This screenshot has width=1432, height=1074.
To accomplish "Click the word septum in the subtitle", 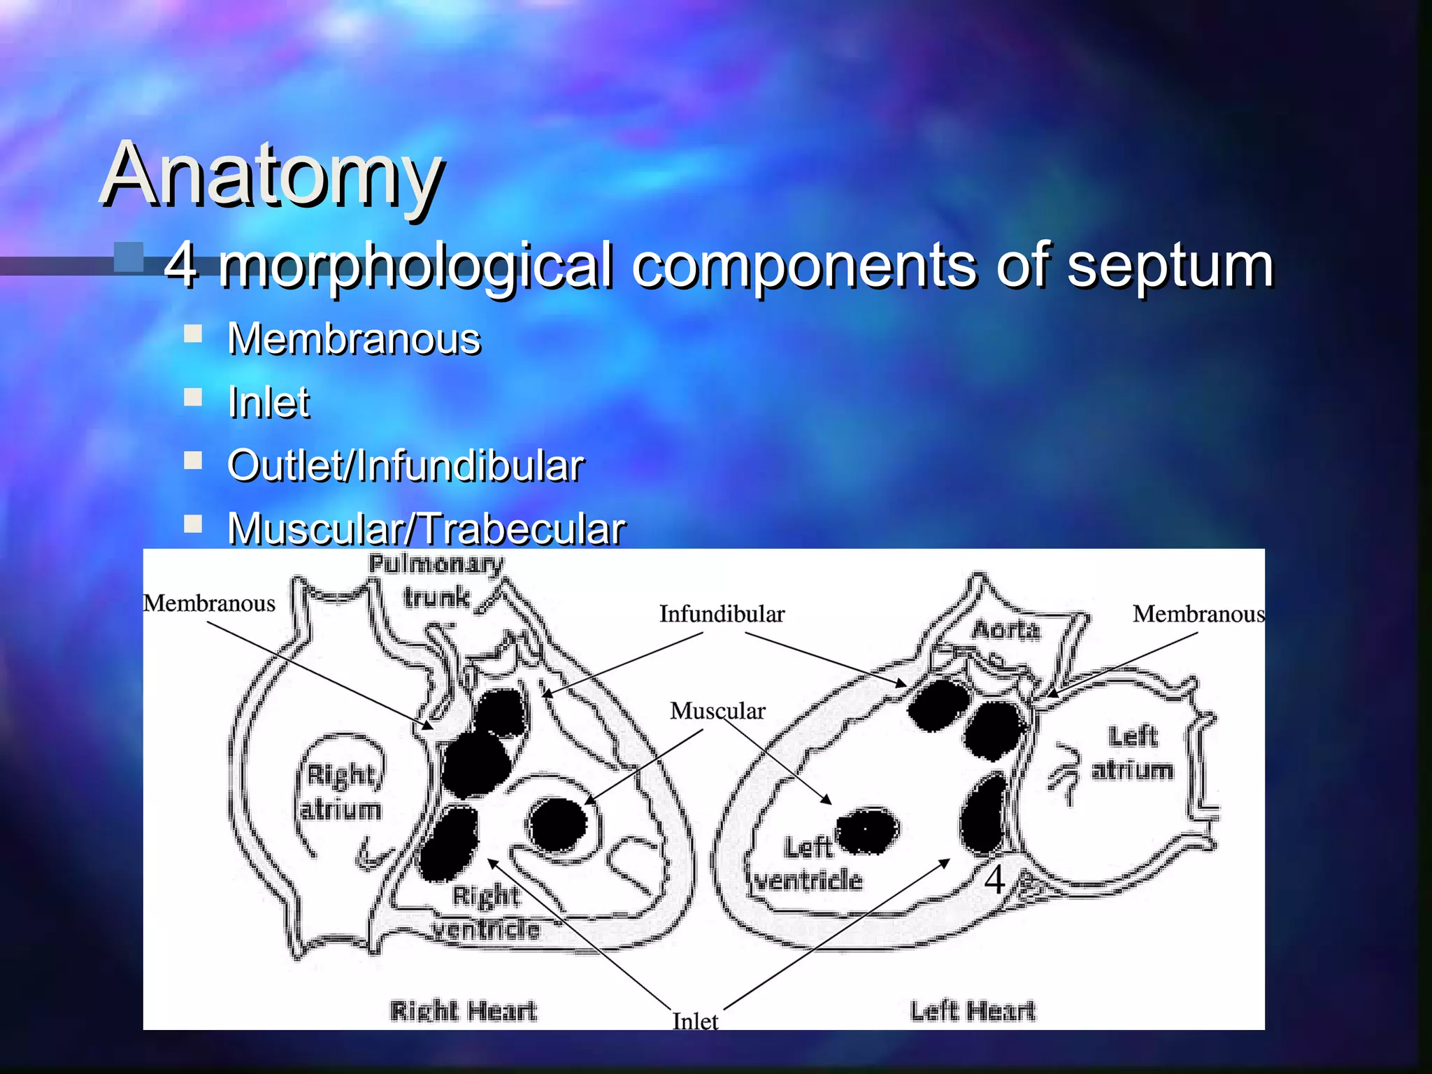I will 1169,266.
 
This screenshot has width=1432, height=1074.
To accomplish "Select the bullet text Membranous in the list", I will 354,340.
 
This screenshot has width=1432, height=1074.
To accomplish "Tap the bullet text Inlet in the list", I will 268,403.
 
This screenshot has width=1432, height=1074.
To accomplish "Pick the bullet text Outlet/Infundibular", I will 406,466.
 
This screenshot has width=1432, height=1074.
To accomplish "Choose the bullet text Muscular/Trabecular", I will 427,529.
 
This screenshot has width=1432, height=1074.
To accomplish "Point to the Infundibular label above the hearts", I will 722,615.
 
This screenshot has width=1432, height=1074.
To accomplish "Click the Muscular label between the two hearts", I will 717,711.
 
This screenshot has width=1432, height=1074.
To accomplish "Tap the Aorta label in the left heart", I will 1005,630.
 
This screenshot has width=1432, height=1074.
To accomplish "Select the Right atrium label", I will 341,792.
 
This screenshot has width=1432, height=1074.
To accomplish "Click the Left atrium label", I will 1133,753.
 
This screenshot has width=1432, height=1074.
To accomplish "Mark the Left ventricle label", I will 808,864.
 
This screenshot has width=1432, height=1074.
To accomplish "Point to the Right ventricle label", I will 486,912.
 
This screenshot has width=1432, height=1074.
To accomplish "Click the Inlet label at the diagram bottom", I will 695,1021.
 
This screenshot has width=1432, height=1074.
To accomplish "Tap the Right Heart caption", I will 464,1011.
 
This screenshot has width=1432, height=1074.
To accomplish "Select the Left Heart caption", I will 973,1011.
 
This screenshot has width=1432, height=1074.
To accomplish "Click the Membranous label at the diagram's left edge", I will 209,603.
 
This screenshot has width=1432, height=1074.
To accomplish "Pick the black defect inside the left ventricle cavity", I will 868,831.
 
